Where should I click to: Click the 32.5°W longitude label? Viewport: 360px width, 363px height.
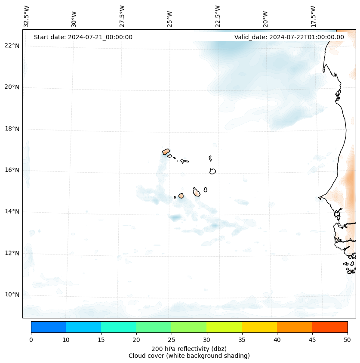[27, 16]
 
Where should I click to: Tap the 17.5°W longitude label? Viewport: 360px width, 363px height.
[313, 16]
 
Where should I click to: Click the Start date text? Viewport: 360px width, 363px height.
[83, 37]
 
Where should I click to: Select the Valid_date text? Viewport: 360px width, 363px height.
[289, 37]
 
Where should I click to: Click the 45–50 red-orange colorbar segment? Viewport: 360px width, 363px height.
[330, 327]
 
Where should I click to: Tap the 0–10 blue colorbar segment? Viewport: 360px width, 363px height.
[48, 327]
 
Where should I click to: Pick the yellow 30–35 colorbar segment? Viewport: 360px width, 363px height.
[224, 327]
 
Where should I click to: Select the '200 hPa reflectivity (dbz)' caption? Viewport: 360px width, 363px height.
[189, 348]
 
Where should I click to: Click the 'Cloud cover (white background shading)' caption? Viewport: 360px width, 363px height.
[189, 356]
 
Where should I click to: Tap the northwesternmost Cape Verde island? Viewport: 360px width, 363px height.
[166, 152]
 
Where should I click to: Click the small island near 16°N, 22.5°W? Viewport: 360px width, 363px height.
[212, 171]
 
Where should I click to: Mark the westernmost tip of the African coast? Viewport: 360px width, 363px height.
[319, 198]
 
